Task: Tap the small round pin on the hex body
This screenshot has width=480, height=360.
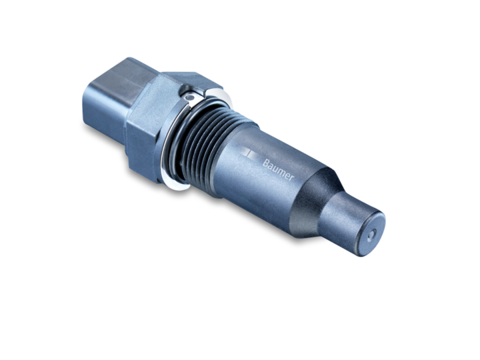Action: coord(190,98)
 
